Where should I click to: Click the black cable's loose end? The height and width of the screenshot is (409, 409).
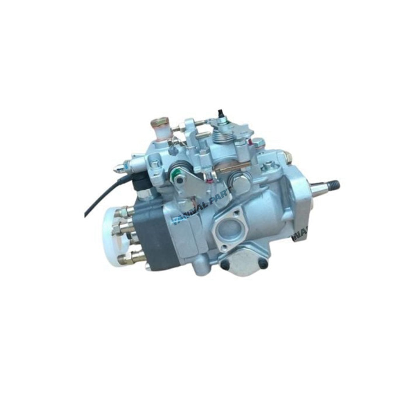coord(86,216)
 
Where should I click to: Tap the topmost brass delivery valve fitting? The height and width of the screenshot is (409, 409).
coord(123,212)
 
